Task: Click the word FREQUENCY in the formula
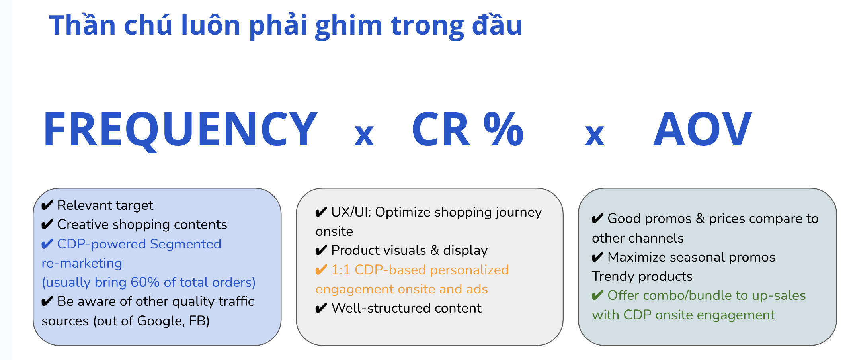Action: (x=180, y=130)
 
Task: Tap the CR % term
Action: (x=468, y=129)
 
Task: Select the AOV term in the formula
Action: (x=703, y=129)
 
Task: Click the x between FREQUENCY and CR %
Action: (x=364, y=135)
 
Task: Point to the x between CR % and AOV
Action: (x=595, y=135)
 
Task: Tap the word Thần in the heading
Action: (x=82, y=25)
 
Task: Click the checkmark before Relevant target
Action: (x=47, y=205)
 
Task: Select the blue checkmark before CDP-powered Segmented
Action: (x=47, y=244)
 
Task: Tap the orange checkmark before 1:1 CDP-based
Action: (x=321, y=270)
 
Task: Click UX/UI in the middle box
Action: (x=351, y=212)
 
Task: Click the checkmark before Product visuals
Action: (x=321, y=250)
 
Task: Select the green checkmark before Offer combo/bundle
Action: (x=597, y=295)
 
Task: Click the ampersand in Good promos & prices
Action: (x=700, y=219)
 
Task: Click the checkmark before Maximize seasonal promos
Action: (x=597, y=257)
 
